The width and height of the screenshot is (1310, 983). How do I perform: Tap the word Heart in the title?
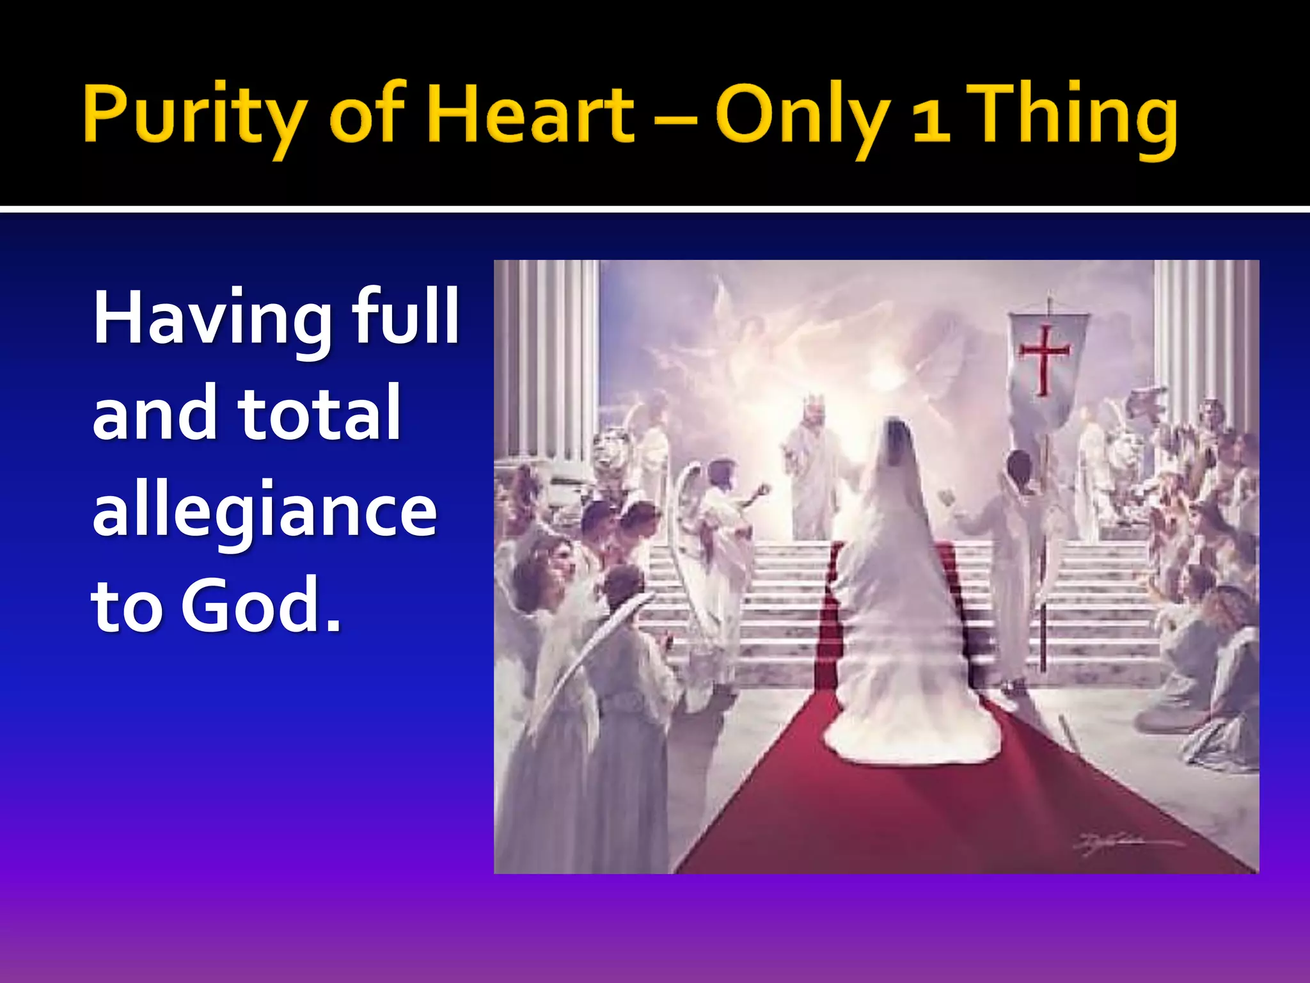(530, 115)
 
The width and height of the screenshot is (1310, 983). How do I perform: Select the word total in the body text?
(319, 413)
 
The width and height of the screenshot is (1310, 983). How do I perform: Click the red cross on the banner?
(1044, 358)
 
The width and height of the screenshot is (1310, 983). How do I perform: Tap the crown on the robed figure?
(812, 404)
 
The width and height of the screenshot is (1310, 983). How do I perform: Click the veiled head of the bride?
(897, 442)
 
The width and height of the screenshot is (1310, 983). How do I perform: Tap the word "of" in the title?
(367, 115)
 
